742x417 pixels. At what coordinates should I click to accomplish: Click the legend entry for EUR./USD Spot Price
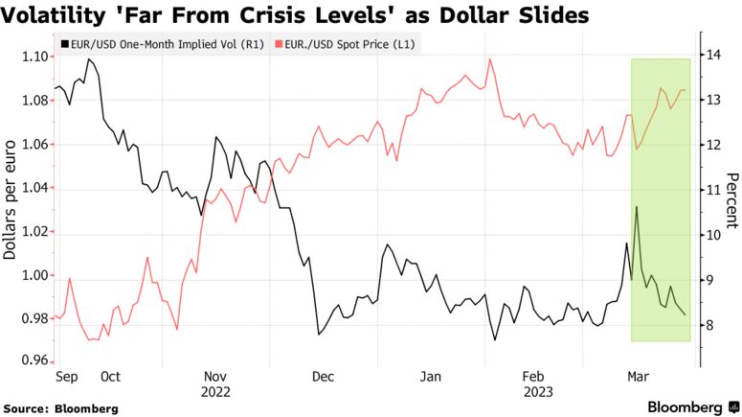349,44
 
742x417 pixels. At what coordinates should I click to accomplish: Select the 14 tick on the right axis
714,56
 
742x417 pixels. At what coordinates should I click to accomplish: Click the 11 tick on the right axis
714,191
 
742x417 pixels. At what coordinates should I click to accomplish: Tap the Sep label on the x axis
66,377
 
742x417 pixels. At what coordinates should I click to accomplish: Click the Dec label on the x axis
324,377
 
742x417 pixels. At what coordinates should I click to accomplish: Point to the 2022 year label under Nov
215,391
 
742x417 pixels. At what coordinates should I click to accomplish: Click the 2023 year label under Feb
533,391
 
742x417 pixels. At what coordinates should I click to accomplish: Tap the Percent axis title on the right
732,201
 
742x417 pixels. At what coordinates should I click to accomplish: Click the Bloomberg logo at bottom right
685,407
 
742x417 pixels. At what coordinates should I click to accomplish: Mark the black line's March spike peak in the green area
637,206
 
